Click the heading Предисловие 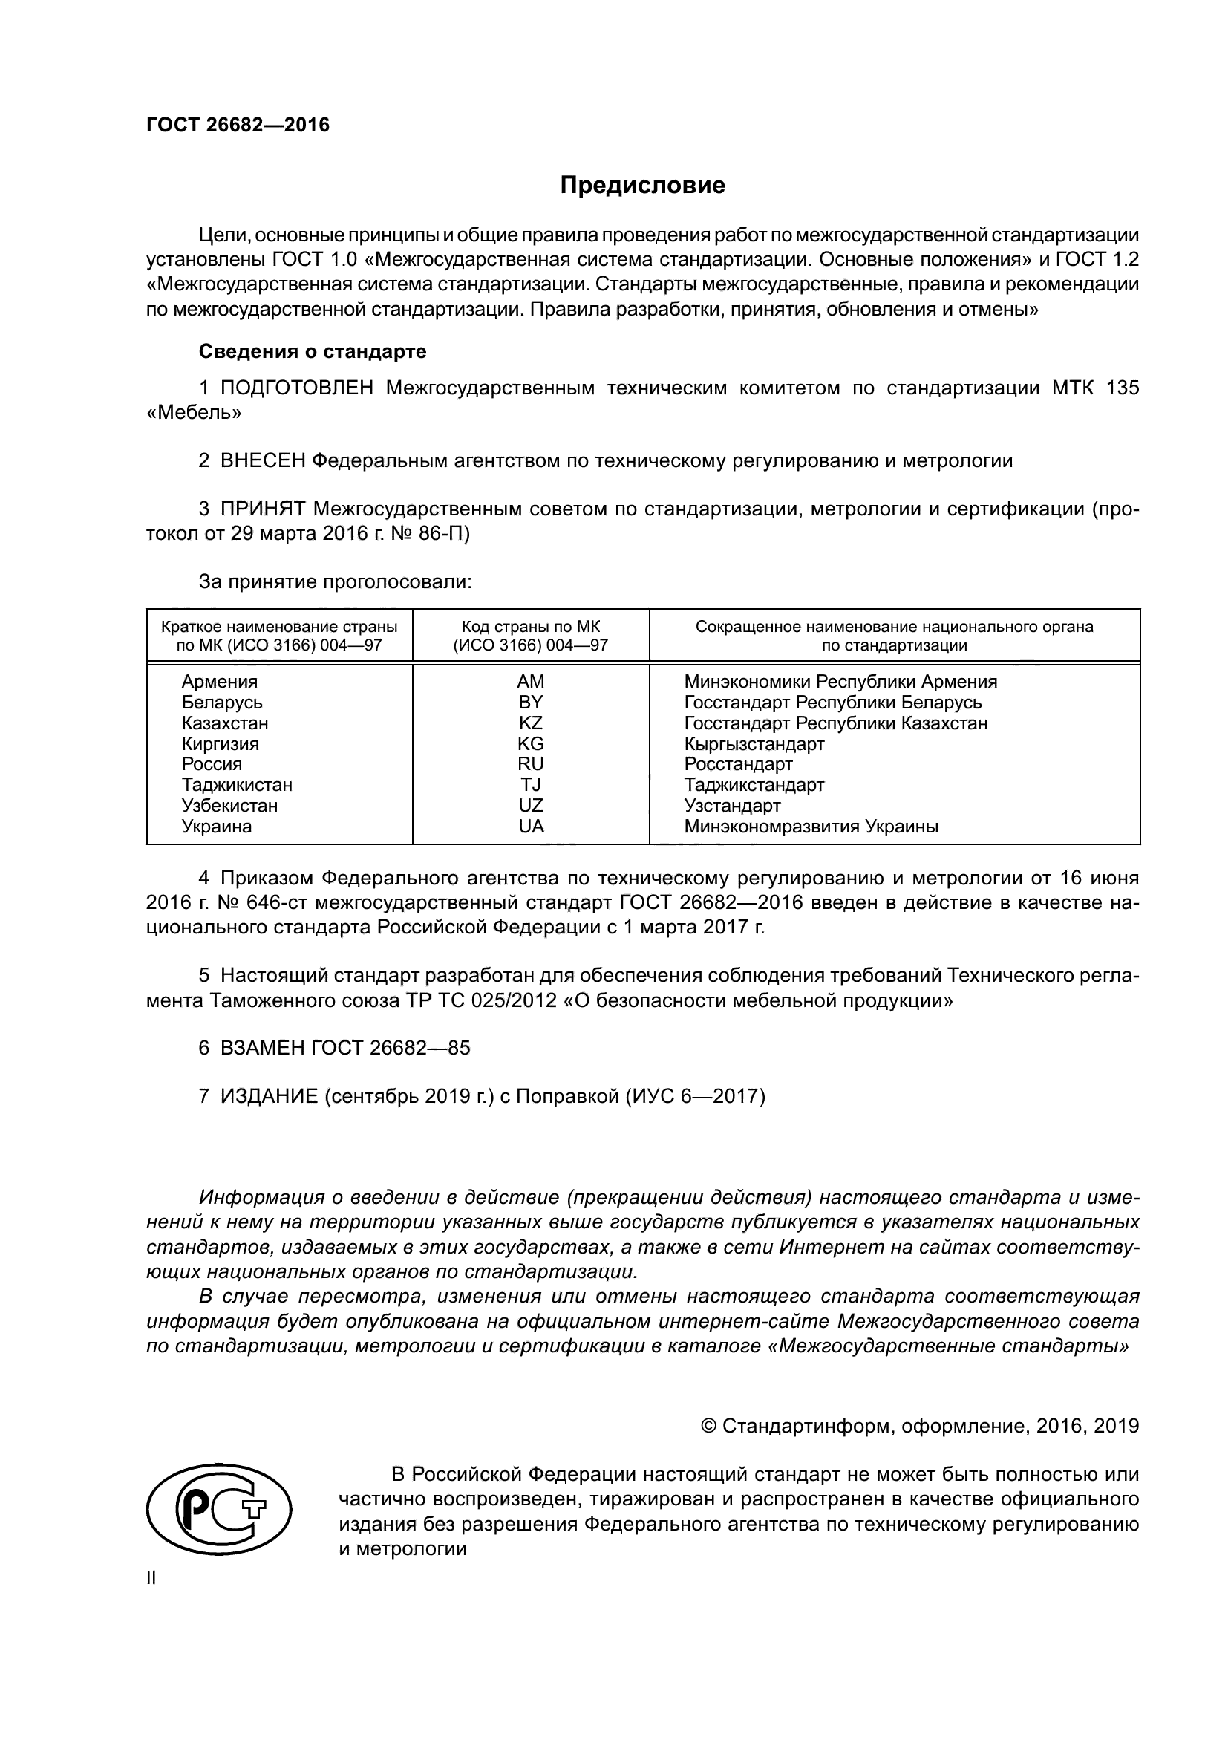[x=642, y=186]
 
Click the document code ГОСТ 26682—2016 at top [x=238, y=126]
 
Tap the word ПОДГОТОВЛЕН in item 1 [x=296, y=388]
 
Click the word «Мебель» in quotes [x=194, y=413]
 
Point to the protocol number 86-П [x=444, y=533]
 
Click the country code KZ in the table [x=530, y=723]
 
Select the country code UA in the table [x=531, y=826]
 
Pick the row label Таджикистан [x=237, y=784]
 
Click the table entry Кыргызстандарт [x=754, y=743]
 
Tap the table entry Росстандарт [x=738, y=764]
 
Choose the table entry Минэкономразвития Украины [x=811, y=826]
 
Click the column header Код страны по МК [x=530, y=628]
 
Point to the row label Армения [x=219, y=682]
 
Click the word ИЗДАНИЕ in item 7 [x=270, y=1096]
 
